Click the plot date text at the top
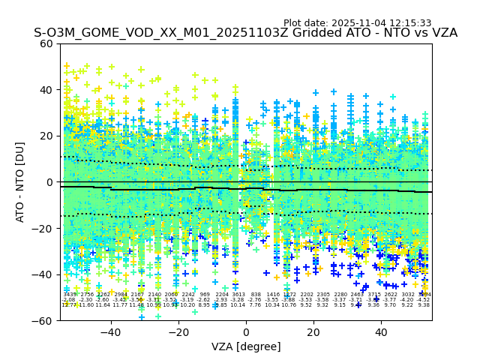[x=357, y=23]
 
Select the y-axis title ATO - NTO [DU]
[x=21, y=182]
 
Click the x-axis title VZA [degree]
[x=246, y=346]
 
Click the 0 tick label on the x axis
[x=246, y=332]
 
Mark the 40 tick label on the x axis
[x=381, y=332]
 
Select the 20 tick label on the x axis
[x=313, y=332]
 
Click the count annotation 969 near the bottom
[x=205, y=295]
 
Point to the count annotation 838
[x=256, y=295]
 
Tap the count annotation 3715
[x=374, y=295]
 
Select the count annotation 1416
[x=272, y=295]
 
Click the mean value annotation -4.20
[x=407, y=300]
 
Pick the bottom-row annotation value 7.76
[x=255, y=305]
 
